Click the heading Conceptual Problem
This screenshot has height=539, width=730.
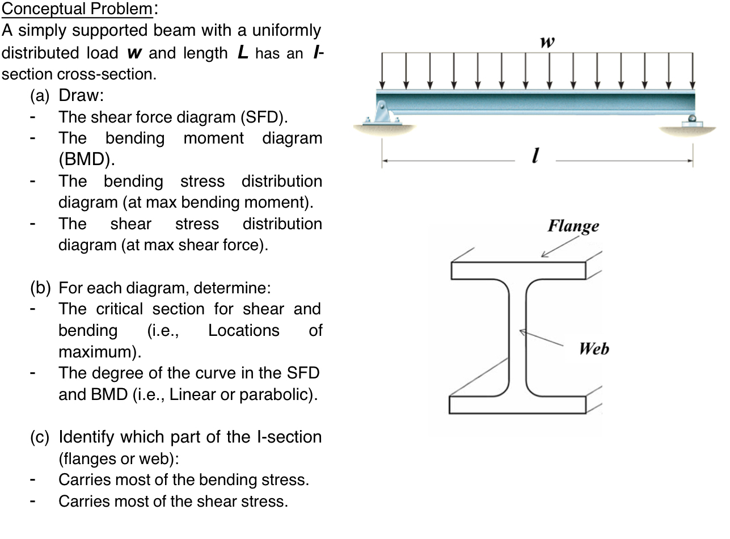click(78, 9)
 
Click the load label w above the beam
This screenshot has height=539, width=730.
click(548, 42)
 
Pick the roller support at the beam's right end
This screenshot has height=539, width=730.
click(692, 121)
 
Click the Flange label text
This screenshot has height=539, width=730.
click(573, 226)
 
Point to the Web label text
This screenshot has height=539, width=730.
click(594, 348)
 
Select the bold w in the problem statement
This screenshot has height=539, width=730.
click(133, 53)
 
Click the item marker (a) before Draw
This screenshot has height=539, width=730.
click(41, 95)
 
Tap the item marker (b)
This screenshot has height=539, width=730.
click(41, 288)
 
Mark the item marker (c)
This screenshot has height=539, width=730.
click(41, 437)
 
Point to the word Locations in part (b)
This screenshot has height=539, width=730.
click(243, 330)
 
